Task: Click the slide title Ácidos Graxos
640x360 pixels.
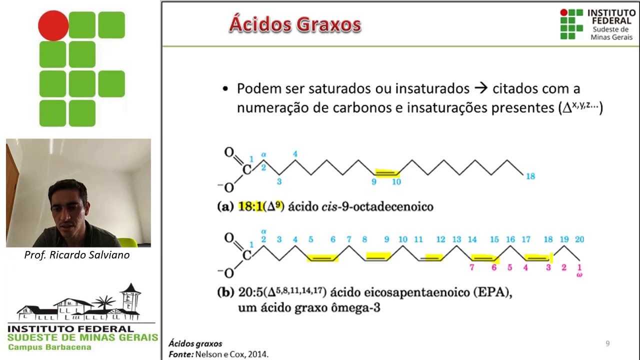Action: point(295,24)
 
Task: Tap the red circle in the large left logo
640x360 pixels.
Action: point(53,25)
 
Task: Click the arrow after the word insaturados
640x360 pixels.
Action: point(480,88)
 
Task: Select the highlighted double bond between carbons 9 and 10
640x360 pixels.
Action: point(386,173)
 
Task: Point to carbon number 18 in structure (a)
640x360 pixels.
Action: point(530,176)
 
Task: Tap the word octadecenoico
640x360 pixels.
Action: point(393,206)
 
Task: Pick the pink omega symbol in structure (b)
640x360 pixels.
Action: point(579,274)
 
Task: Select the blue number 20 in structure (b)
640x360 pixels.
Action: point(579,239)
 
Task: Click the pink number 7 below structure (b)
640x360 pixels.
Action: point(471,267)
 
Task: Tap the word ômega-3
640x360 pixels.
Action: point(355,307)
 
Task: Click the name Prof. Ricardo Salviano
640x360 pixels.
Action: point(77,255)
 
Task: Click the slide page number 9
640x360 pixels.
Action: point(607,343)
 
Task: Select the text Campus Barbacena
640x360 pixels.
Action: point(49,347)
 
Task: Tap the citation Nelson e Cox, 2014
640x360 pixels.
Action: point(231,354)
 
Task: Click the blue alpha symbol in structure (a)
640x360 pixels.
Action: point(263,155)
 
